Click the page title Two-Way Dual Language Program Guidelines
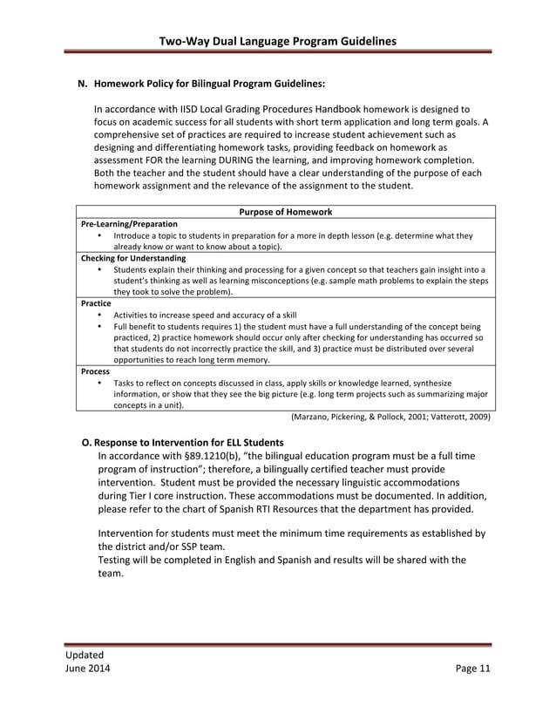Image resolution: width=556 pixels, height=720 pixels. tap(278, 41)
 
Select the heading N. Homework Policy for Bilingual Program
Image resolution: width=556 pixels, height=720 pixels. tap(201, 85)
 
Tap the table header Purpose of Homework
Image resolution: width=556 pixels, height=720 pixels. tap(285, 212)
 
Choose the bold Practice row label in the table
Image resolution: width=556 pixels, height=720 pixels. tap(96, 303)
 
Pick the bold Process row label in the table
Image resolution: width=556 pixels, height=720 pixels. tap(95, 371)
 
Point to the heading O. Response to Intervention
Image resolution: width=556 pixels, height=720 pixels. tap(182, 443)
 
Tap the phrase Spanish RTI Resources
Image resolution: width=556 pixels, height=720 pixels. tap(295, 509)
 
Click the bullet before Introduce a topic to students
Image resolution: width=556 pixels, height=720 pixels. tap(100, 235)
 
